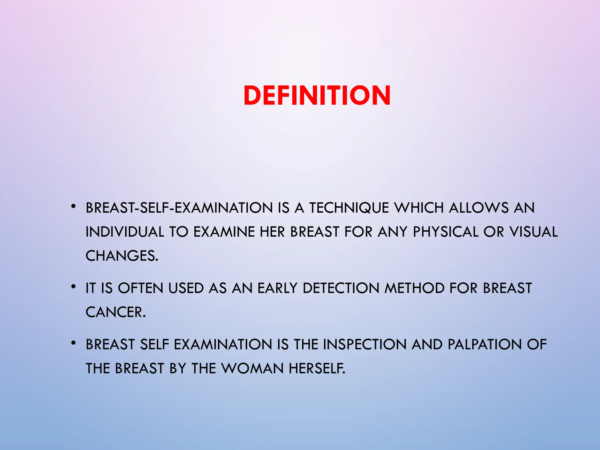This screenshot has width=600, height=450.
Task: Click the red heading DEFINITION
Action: click(317, 95)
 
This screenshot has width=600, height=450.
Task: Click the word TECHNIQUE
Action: click(349, 208)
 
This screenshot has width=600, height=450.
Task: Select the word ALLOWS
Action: click(479, 208)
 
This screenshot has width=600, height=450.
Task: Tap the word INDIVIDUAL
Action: click(125, 232)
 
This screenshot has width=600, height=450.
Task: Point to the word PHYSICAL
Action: click(446, 232)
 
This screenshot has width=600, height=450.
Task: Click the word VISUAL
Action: click(533, 232)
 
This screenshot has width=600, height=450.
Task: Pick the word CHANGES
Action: click(122, 256)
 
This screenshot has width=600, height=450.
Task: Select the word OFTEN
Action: click(140, 288)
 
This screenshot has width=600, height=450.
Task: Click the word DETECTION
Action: click(341, 288)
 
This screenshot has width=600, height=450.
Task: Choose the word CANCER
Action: click(115, 312)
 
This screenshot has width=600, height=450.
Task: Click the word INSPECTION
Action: click(365, 345)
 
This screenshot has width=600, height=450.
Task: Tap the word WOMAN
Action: click(252, 369)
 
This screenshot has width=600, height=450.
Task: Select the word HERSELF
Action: click(317, 369)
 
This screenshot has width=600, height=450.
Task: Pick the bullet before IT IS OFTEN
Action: click(73, 287)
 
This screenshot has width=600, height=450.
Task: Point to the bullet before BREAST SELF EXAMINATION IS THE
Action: click(73, 343)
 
